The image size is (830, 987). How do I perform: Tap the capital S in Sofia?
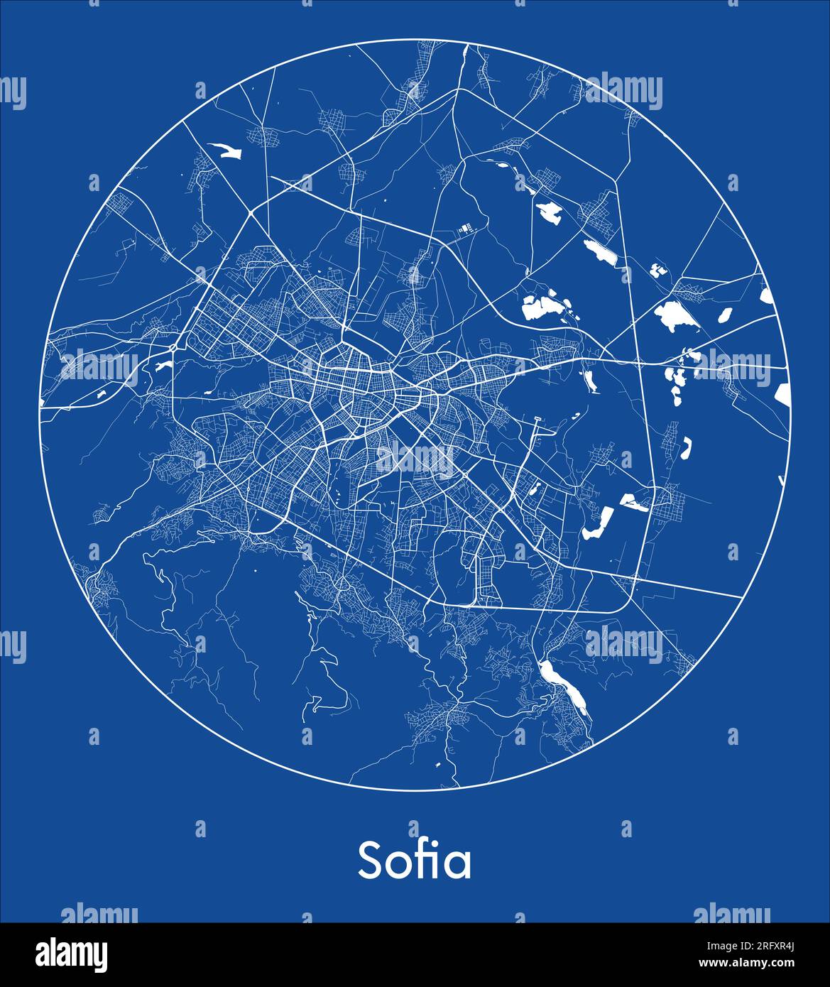click(371, 860)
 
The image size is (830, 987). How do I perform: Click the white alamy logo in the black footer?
click(72, 954)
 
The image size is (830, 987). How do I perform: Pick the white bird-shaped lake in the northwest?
click(225, 150)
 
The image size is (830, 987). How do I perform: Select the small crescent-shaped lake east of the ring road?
click(687, 447)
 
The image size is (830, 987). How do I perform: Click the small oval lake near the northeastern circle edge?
click(724, 314)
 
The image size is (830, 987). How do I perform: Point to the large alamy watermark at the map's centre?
click(415, 462)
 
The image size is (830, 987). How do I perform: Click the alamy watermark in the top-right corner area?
click(623, 92)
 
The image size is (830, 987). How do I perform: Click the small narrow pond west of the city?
click(164, 365)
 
